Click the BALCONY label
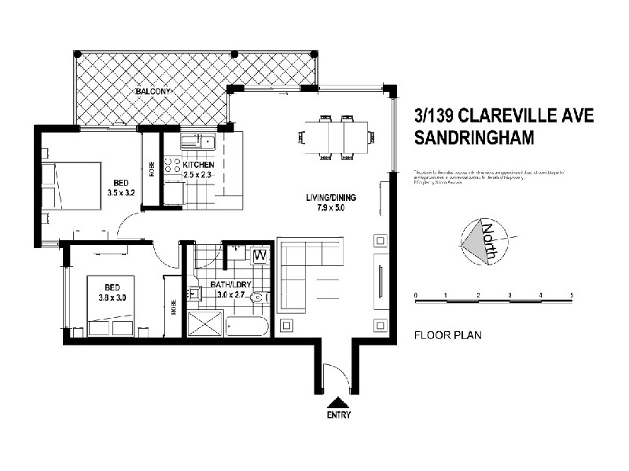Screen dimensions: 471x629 tap(153, 91)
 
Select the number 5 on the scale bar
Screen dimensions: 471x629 tap(572, 295)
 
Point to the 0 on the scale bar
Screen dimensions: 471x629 tap(415, 295)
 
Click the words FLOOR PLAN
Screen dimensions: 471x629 tap(447, 334)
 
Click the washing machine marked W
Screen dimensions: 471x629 tap(259, 257)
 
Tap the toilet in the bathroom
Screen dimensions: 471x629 tap(263, 296)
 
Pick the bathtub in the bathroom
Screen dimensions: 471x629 tap(245, 325)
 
